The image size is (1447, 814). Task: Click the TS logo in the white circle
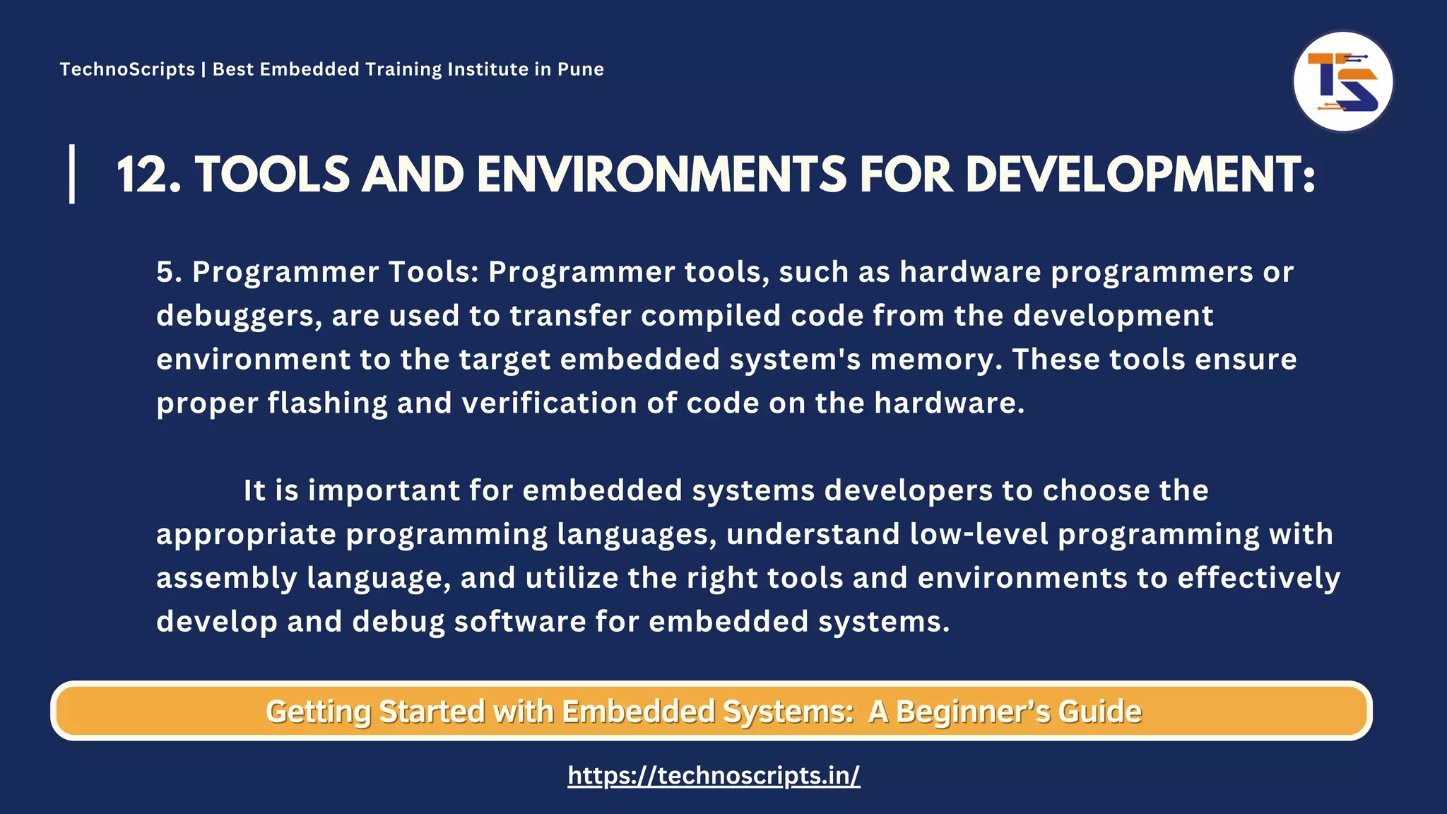[x=1342, y=82]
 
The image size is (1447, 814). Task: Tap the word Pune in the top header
[x=580, y=69]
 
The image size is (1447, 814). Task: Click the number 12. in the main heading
[x=148, y=175]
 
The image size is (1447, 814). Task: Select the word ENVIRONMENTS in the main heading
[x=661, y=175]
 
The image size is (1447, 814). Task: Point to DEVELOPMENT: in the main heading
[x=1140, y=175]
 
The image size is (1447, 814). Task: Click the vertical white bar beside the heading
[x=72, y=174]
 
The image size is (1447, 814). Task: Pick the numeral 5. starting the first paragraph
[x=169, y=272]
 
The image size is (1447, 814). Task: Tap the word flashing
[x=327, y=403]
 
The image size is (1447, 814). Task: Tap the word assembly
[x=227, y=578]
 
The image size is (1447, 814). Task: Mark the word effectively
[x=1258, y=578]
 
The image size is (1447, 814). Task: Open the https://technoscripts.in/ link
[x=714, y=775]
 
